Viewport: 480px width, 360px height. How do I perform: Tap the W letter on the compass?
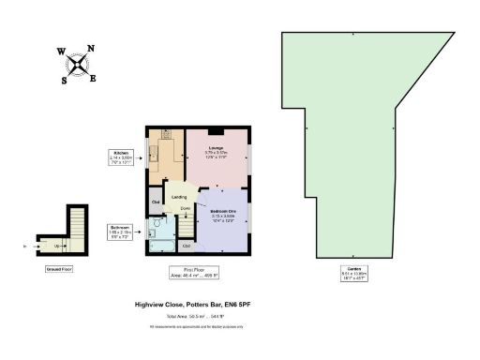61,53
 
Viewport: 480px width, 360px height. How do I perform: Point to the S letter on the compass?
65,81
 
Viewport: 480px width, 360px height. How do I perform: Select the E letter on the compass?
93,78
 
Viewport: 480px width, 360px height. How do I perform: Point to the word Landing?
179,197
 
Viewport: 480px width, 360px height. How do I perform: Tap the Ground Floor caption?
59,268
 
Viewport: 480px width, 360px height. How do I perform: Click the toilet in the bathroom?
157,224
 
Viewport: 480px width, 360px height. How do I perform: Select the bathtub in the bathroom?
163,247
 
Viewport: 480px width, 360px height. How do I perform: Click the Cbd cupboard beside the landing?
156,201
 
